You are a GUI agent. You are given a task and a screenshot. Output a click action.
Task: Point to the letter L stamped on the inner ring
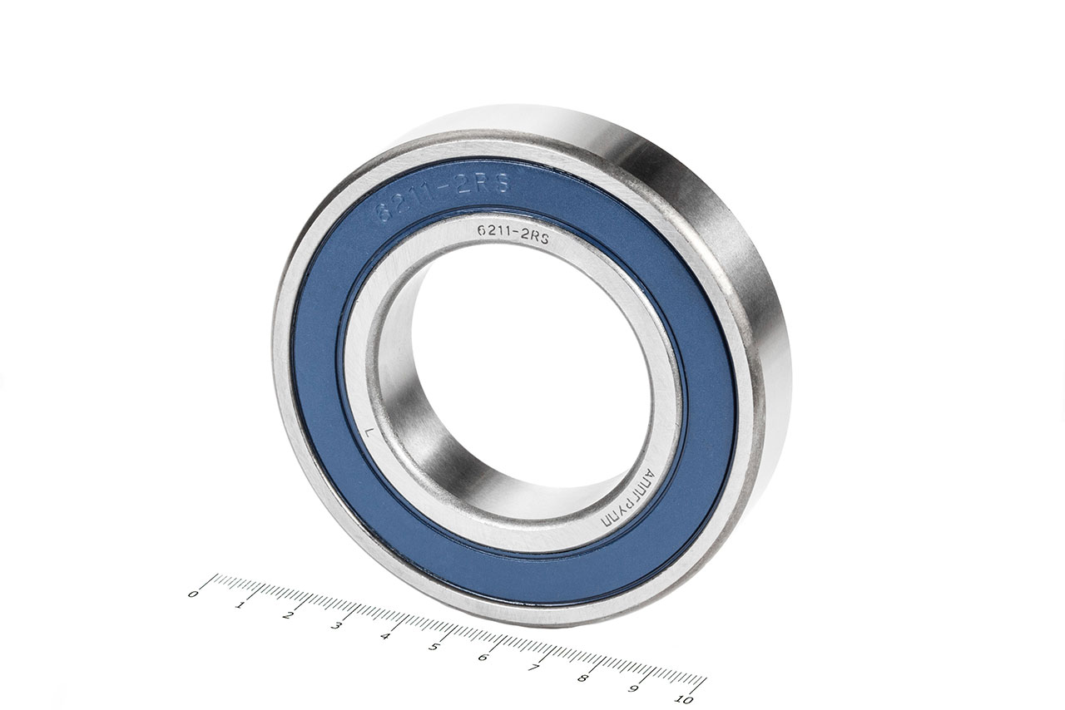369,431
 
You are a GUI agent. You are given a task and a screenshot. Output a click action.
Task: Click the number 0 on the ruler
194,594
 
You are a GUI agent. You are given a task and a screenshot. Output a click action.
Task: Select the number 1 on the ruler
240,604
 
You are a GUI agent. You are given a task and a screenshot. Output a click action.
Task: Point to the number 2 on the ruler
288,615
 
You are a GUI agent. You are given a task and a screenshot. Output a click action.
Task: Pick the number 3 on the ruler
336,625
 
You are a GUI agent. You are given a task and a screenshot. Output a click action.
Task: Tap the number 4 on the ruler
384,636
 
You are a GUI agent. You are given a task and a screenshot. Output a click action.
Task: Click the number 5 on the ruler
433,646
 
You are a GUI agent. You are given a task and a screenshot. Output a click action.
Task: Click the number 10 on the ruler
686,699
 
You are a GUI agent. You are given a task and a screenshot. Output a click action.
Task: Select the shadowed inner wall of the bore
433,449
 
